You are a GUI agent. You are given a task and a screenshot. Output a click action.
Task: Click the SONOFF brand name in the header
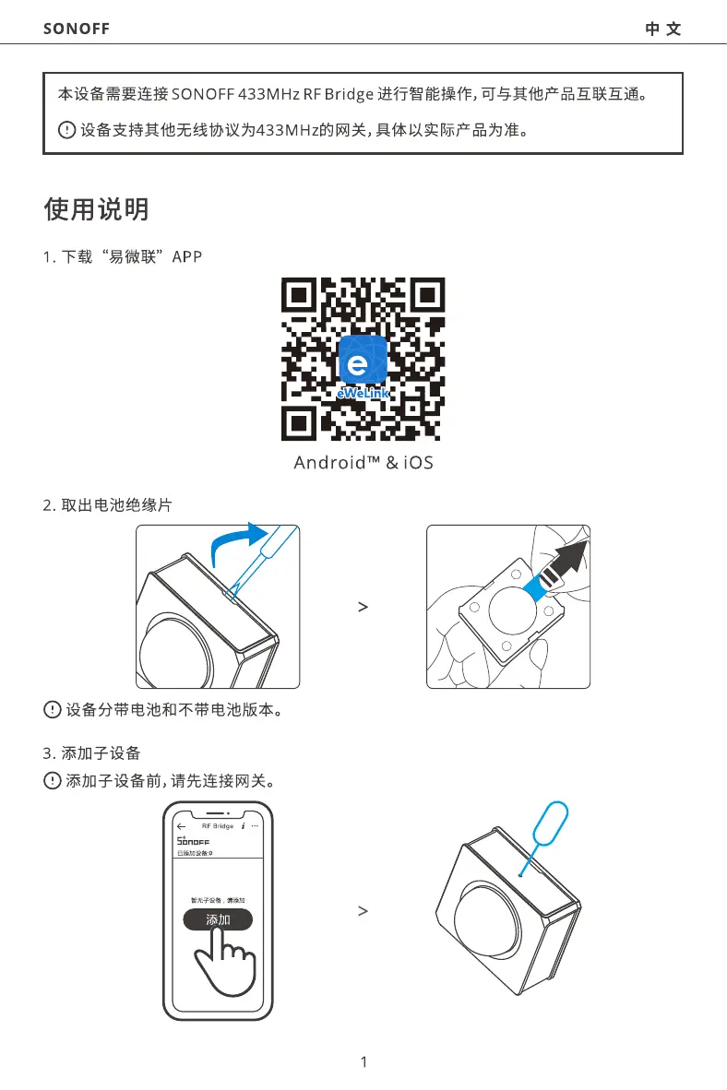pyautogui.click(x=77, y=29)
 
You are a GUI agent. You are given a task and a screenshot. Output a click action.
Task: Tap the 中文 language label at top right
pyautogui.click(x=663, y=29)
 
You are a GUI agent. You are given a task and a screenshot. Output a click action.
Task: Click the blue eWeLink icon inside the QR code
pyautogui.click(x=363, y=363)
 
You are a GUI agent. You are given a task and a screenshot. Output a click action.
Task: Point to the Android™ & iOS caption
pyautogui.click(x=363, y=462)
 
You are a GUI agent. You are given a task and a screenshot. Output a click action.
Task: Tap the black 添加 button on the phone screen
pyautogui.click(x=218, y=919)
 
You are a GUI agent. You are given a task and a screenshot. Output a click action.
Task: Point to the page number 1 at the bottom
pyautogui.click(x=363, y=1061)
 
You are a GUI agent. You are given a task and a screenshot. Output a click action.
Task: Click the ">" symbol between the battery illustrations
pyautogui.click(x=363, y=607)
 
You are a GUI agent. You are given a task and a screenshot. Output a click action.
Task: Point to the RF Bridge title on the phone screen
pyautogui.click(x=217, y=826)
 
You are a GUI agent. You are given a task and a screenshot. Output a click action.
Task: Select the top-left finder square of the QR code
pyautogui.click(x=300, y=297)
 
